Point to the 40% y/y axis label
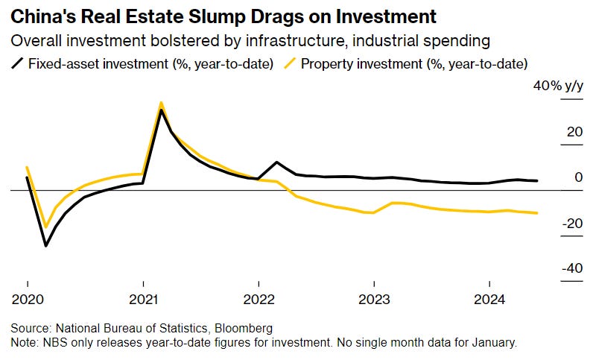click(x=556, y=86)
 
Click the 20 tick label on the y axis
click(x=574, y=132)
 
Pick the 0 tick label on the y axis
click(x=578, y=177)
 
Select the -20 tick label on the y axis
click(x=571, y=223)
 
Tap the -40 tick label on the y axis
click(x=571, y=268)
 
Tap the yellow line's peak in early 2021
click(x=162, y=103)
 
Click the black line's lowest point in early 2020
click(x=46, y=246)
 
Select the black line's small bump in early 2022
click(x=277, y=162)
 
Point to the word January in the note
click(x=492, y=342)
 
